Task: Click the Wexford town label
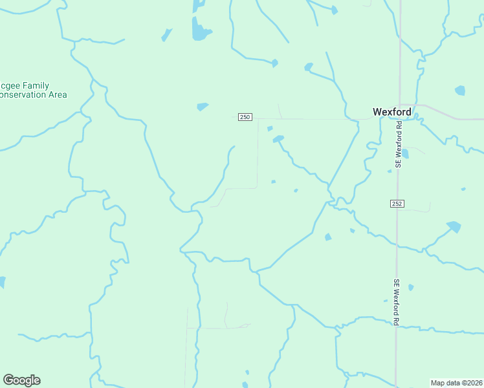391,111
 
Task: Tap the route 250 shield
245,116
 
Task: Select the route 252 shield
397,204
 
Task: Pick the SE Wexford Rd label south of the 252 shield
397,302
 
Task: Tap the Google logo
21,380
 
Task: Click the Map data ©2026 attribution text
456,383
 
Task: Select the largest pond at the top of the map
199,30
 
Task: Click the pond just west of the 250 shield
203,106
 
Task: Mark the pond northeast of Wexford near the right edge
460,90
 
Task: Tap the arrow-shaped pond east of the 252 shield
454,226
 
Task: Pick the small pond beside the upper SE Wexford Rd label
406,154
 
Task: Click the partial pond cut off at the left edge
2,282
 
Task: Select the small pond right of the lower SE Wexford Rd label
411,287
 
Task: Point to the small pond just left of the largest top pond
167,34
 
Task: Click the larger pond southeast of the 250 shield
278,138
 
